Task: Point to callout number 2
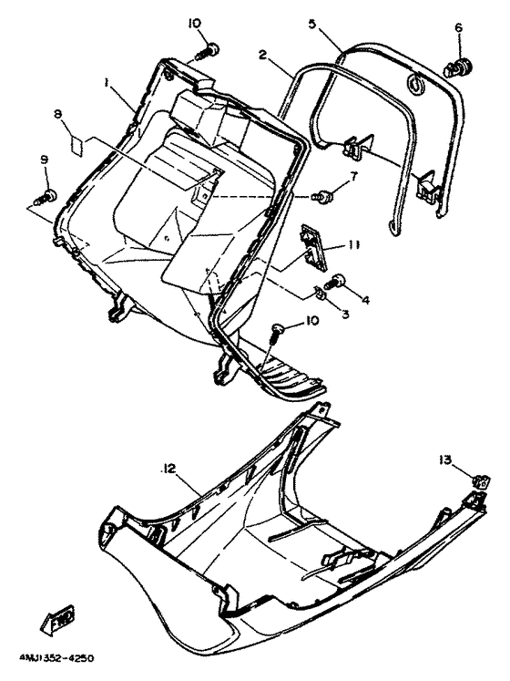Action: pyautogui.click(x=262, y=57)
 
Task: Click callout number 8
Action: pyautogui.click(x=57, y=114)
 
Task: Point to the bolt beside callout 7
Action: pyautogui.click(x=321, y=195)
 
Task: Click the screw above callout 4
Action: pyautogui.click(x=338, y=281)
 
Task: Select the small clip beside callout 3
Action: pyautogui.click(x=321, y=293)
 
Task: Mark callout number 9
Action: pyautogui.click(x=45, y=160)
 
